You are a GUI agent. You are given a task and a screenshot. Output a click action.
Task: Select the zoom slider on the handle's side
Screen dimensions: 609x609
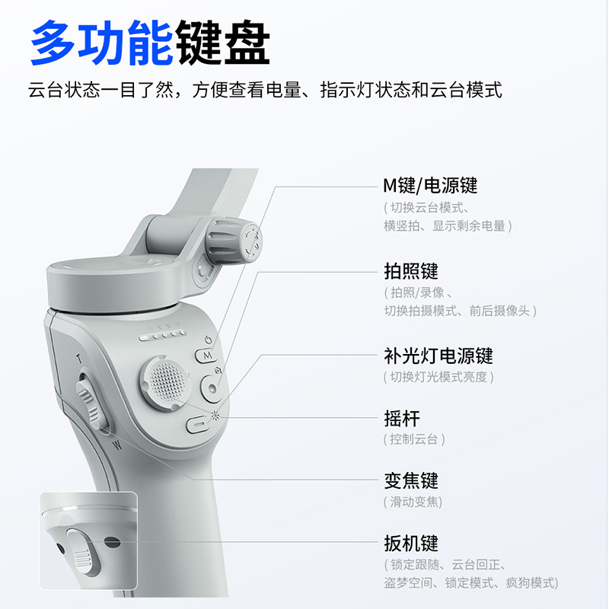[90, 401]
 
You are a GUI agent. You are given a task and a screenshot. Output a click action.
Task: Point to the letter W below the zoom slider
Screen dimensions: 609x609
[116, 444]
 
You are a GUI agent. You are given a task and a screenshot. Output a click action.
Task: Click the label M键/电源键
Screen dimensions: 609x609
[430, 185]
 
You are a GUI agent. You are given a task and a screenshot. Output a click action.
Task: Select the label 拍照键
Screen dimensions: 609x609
[411, 271]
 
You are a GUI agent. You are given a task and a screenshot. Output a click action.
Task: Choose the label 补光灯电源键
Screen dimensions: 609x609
[438, 356]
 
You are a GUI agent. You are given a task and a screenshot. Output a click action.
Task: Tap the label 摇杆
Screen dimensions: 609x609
[402, 418]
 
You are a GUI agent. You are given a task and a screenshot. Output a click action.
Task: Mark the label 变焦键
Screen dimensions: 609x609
[411, 481]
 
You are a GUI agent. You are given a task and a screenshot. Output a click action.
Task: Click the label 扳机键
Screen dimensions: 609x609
[411, 544]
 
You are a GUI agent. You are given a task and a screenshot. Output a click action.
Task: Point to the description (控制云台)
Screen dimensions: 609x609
[414, 439]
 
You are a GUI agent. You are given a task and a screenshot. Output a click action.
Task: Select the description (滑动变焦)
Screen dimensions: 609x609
[413, 502]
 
